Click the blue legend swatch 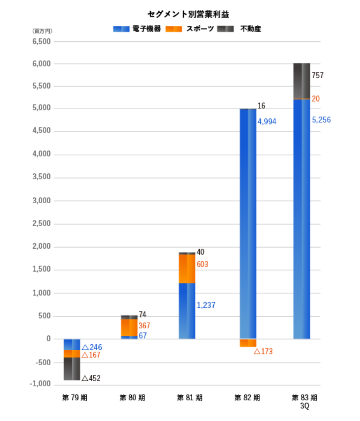[x=121, y=29]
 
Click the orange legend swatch [x=173, y=29]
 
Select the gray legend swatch [x=225, y=29]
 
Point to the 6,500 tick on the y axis [x=41, y=41]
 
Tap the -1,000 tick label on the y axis [x=40, y=384]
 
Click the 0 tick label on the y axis [x=48, y=339]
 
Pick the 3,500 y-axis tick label [x=41, y=177]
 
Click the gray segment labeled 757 [x=302, y=81]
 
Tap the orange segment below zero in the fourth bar [x=247, y=343]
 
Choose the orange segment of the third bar [x=187, y=269]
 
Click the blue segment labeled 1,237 [x=187, y=311]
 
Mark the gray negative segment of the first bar [x=72, y=369]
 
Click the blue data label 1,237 [x=206, y=305]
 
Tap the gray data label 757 [x=317, y=75]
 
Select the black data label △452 [x=91, y=378]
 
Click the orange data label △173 [x=263, y=351]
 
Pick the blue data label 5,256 [x=321, y=120]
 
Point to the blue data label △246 [x=91, y=347]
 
